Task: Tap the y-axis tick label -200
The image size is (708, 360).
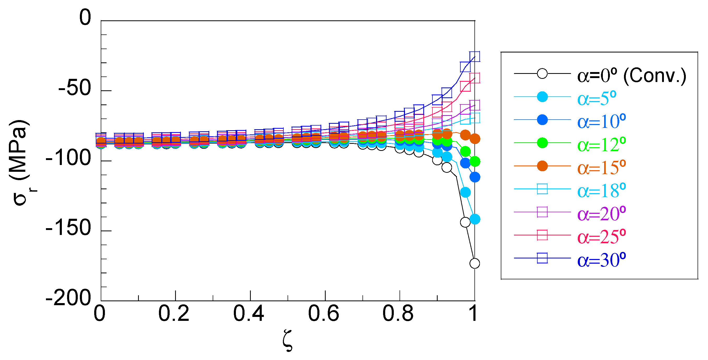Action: (x=68, y=298)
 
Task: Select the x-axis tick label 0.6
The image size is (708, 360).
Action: (x=323, y=313)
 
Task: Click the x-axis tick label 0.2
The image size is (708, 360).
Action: (x=174, y=313)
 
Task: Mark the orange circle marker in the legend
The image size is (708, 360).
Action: (x=542, y=166)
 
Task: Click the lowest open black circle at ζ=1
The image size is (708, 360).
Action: (x=475, y=263)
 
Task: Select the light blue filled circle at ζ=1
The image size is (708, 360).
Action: (x=475, y=219)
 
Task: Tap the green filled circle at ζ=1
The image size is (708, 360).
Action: (x=475, y=162)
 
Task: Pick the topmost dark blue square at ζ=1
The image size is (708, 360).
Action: (x=475, y=56)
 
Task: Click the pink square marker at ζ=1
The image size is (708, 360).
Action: (x=475, y=78)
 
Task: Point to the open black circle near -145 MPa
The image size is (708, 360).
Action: (x=465, y=222)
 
